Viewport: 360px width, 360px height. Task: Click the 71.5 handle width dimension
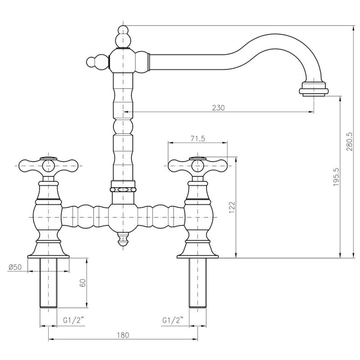click(197, 139)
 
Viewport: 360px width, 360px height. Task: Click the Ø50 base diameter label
click(15, 267)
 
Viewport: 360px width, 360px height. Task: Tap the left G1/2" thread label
click(72, 320)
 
